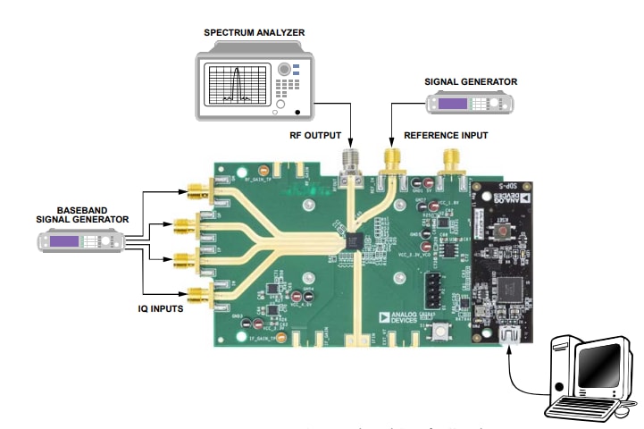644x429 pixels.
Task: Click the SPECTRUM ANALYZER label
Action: point(254,33)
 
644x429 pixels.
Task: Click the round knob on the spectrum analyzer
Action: point(285,68)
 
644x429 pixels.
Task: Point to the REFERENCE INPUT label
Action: point(444,136)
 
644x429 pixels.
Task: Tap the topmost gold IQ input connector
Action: point(194,189)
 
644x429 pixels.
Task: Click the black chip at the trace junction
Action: point(354,240)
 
